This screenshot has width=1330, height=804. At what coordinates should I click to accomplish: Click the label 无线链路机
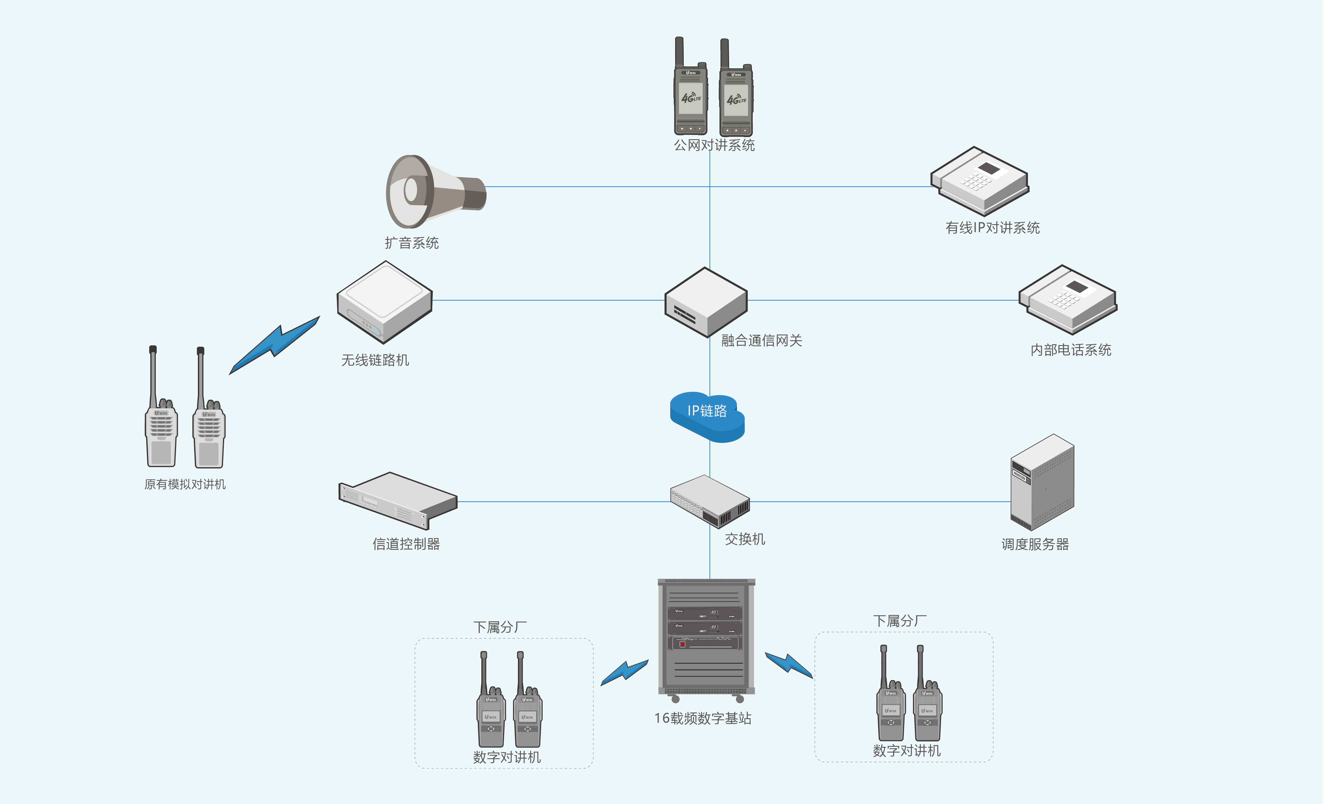[x=375, y=360]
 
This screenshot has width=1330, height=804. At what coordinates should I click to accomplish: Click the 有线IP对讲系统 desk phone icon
[x=979, y=181]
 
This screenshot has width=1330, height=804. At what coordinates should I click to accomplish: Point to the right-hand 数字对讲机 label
[x=906, y=751]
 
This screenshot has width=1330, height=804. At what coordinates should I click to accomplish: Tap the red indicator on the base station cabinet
[x=682, y=644]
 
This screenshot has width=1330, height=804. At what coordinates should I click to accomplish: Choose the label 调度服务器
[x=1035, y=544]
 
